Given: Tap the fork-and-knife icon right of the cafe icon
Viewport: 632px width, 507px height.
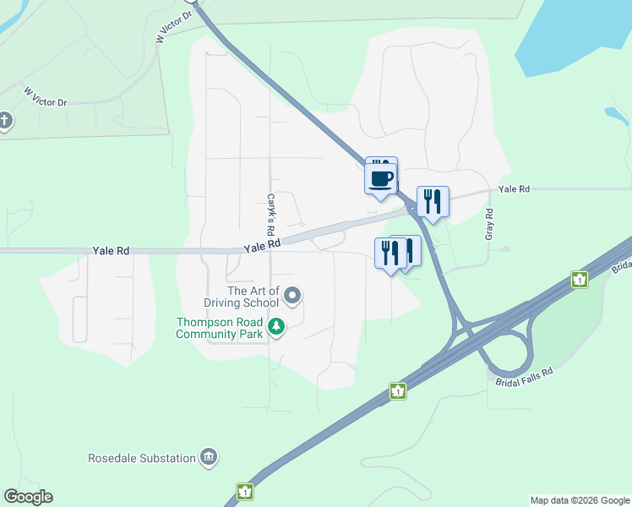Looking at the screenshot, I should (x=433, y=201).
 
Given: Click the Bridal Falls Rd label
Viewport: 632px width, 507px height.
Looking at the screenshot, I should (x=524, y=377).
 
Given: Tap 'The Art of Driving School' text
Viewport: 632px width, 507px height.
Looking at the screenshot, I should (x=241, y=297).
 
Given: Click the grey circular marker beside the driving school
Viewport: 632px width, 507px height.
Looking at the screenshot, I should (x=292, y=296).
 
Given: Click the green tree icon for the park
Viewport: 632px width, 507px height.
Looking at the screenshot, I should (x=275, y=326).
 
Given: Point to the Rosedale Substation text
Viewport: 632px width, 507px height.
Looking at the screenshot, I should (x=142, y=459).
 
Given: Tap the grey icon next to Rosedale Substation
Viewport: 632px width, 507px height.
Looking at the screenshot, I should (x=209, y=458).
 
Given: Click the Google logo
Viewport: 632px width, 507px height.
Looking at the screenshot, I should (x=28, y=497).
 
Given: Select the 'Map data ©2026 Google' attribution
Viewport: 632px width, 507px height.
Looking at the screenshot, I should (x=580, y=500).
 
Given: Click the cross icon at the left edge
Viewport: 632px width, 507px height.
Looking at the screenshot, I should (x=5, y=121).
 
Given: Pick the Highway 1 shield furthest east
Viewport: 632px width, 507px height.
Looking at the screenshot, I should (x=579, y=280).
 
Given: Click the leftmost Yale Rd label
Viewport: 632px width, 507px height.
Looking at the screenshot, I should (x=111, y=251).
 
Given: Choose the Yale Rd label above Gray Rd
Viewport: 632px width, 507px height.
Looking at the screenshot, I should (x=514, y=189).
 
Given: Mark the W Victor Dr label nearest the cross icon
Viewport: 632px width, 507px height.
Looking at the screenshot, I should (x=45, y=96).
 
